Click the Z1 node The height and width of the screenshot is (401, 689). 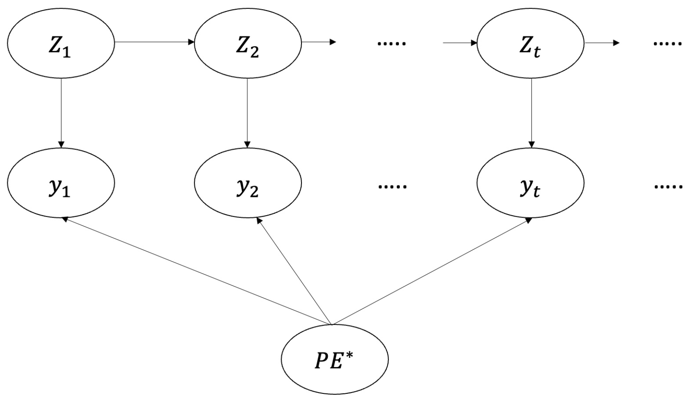61,42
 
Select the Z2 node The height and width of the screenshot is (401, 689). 248,42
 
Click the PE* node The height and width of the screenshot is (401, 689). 335,360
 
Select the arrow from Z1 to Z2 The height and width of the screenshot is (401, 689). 154,42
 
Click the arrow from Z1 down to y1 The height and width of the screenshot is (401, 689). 61,113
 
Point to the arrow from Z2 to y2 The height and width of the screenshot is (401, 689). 248,113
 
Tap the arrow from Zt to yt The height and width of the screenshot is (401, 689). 531,113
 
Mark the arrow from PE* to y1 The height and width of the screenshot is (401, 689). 197,271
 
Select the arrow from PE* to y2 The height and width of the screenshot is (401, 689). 295,271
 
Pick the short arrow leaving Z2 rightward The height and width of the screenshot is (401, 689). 318,42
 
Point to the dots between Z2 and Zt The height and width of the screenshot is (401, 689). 391,43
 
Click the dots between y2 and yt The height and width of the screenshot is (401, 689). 391,186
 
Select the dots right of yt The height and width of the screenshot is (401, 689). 667,186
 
